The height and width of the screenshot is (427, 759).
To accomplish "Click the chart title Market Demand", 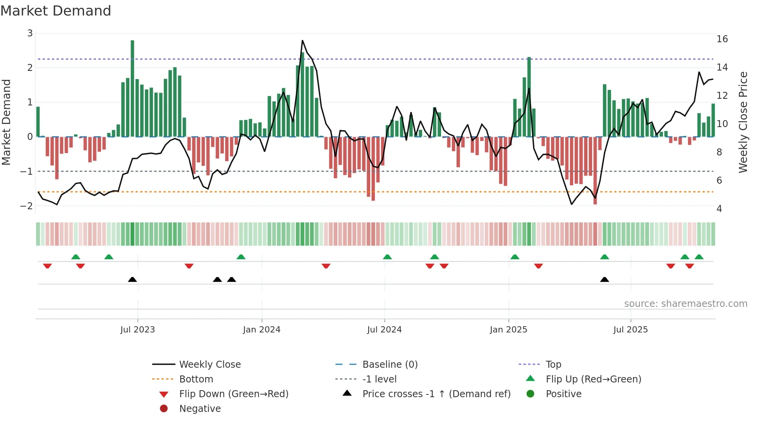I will (x=56, y=11).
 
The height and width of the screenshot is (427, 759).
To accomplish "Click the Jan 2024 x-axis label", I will (x=261, y=330).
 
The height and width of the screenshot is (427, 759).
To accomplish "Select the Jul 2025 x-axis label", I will (x=630, y=330).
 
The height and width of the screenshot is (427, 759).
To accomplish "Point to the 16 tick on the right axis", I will (x=722, y=39).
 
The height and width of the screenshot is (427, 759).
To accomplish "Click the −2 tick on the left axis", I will (x=26, y=206).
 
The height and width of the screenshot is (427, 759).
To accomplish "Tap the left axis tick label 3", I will (x=30, y=33).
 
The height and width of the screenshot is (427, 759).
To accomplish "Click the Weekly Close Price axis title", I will (x=743, y=122).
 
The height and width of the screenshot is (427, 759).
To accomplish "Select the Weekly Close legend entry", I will (x=209, y=365).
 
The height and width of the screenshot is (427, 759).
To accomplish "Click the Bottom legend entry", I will (x=196, y=379).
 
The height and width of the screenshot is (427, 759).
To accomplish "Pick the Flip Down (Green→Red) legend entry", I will (x=234, y=394).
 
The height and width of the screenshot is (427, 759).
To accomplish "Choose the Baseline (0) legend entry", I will (x=390, y=365).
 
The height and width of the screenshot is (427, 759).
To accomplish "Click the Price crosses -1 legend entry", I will (x=436, y=394).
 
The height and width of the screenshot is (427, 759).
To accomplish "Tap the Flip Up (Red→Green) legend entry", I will (x=593, y=379).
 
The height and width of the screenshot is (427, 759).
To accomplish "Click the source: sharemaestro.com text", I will (x=685, y=304).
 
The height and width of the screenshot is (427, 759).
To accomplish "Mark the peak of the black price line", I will (x=302, y=41).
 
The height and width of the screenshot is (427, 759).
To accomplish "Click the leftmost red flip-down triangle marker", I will (x=47, y=266).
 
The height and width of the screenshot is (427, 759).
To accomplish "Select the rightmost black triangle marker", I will (x=604, y=279).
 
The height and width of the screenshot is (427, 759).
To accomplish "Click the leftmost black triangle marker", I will (x=132, y=279).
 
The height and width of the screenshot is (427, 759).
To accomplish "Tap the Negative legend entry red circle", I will (x=164, y=409).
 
